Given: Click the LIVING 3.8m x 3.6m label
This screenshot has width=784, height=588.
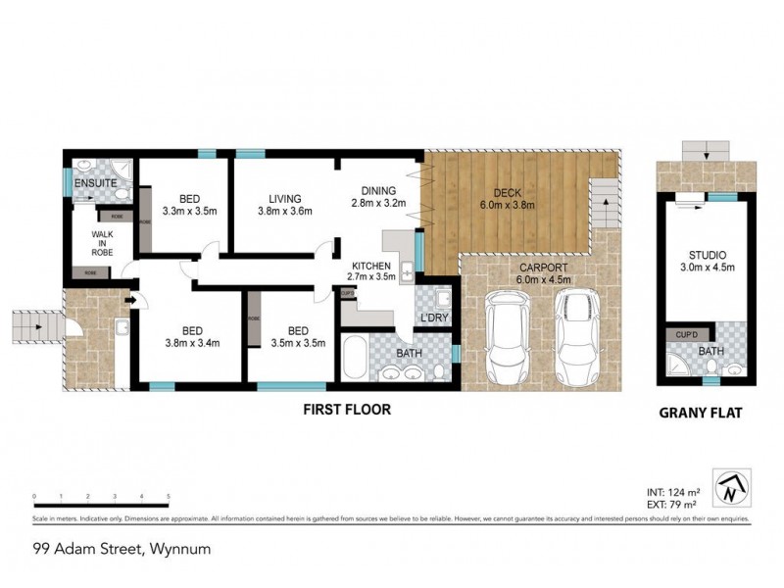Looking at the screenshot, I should (x=284, y=202).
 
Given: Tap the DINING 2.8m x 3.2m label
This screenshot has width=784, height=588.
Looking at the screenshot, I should (x=377, y=197).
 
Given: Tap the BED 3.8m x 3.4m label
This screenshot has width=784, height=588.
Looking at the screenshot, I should (x=191, y=336).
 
